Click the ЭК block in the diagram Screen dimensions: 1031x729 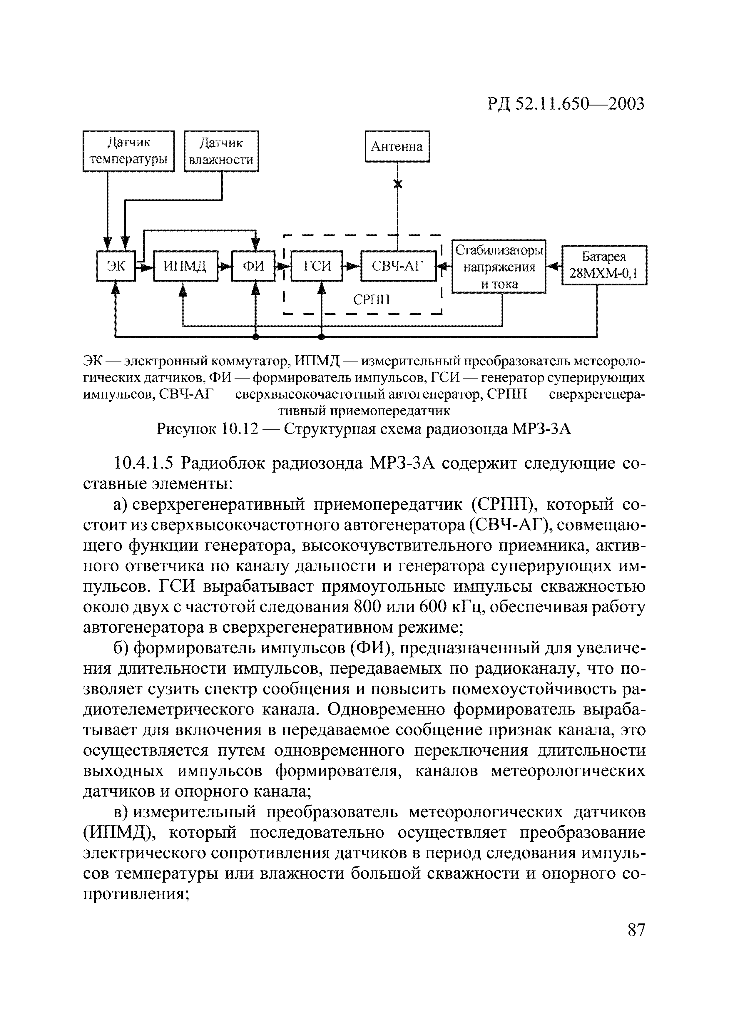[116, 266]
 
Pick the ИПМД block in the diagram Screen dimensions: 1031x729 [185, 266]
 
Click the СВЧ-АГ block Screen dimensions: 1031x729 [398, 266]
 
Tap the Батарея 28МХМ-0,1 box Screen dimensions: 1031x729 [604, 265]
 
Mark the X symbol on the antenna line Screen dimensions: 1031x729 [397, 184]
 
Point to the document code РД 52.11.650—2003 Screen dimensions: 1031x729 [566, 104]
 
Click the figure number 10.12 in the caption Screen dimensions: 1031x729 [240, 429]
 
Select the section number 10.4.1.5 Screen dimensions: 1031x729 [144, 463]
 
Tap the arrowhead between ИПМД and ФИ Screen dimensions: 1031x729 [226, 266]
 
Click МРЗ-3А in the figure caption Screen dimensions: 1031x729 [542, 429]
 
